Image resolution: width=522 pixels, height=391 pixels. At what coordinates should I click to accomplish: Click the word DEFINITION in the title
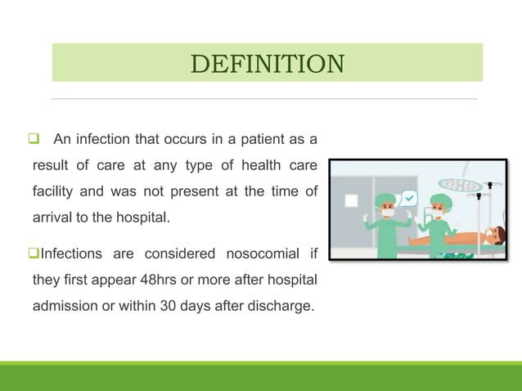click(267, 63)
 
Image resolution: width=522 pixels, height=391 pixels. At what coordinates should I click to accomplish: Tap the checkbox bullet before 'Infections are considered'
click(36, 254)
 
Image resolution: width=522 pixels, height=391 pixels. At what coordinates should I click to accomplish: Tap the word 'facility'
click(53, 192)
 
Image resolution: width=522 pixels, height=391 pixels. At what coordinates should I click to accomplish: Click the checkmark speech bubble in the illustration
click(408, 198)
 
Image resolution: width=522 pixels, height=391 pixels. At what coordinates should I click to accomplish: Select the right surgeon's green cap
click(441, 200)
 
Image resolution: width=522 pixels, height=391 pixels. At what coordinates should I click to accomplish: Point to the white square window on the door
click(351, 200)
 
